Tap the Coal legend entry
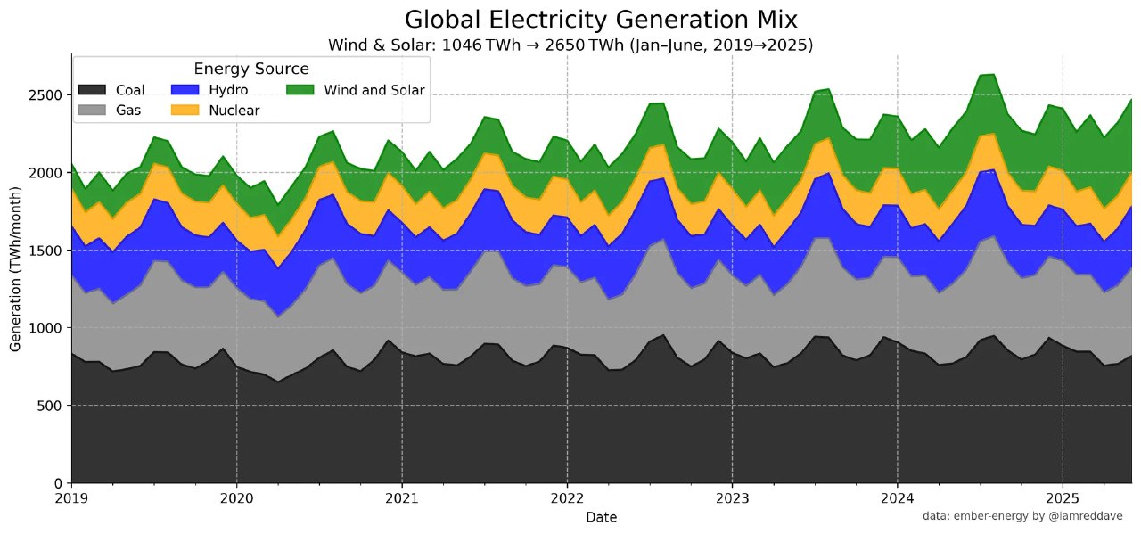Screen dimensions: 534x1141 [111, 90]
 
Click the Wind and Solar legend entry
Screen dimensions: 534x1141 [357, 90]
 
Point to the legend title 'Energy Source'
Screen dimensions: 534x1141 [251, 69]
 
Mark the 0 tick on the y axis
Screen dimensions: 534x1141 [60, 483]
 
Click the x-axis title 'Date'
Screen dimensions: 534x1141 [601, 517]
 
